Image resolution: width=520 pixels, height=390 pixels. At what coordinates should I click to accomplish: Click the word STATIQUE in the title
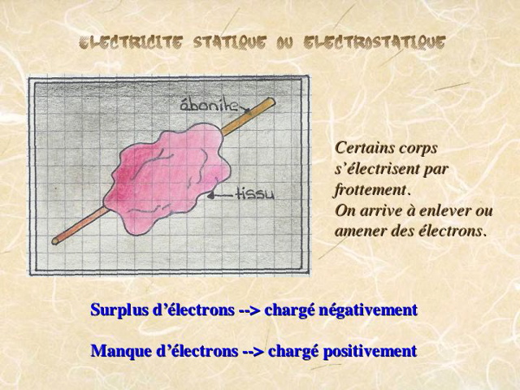point(229,43)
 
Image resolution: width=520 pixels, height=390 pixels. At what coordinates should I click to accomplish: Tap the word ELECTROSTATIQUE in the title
point(375,43)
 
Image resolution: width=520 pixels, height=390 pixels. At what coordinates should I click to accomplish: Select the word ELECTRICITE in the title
point(131,43)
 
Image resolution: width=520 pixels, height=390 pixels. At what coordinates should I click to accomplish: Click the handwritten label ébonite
point(210,105)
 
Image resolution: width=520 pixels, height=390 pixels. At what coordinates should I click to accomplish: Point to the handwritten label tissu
point(254,193)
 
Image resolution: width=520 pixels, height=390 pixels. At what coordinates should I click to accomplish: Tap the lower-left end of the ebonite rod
point(55,241)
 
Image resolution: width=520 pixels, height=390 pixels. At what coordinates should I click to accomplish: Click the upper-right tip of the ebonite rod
point(271,101)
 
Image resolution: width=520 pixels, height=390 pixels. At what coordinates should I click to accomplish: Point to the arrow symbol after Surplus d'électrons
point(249,310)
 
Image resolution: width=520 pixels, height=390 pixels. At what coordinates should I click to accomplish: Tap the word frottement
point(370,189)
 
